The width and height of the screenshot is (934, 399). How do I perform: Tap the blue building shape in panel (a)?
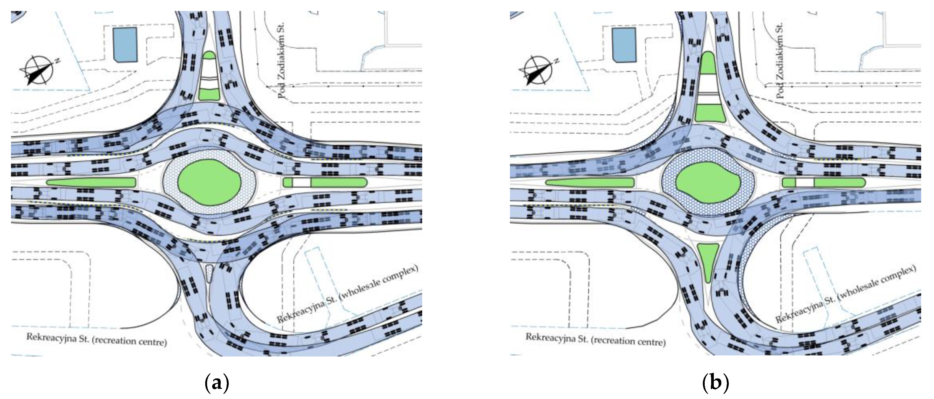pyautogui.click(x=125, y=44)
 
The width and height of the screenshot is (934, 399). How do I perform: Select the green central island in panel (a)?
pyautogui.click(x=209, y=182)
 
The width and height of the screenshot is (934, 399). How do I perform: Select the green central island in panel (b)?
pyautogui.click(x=708, y=182)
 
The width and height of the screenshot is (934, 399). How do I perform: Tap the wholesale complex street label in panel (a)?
pyautogui.click(x=347, y=294)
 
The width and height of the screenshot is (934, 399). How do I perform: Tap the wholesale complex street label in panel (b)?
pyautogui.click(x=846, y=294)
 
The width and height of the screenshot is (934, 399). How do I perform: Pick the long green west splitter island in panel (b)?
pyautogui.click(x=590, y=182)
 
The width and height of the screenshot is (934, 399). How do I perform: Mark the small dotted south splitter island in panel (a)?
pyautogui.click(x=209, y=273)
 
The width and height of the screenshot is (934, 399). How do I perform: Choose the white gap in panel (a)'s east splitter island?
pyautogui.click(x=302, y=182)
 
